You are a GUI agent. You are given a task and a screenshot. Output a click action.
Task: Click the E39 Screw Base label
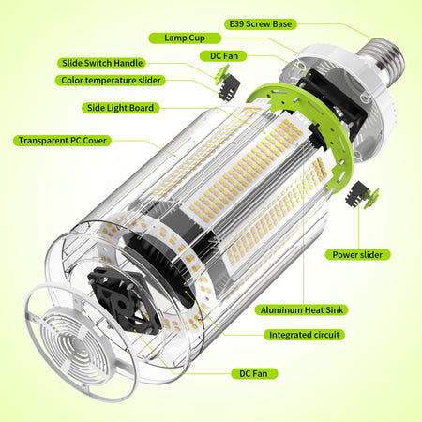point(261,24)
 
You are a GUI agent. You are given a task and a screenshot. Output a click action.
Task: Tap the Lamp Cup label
point(185,38)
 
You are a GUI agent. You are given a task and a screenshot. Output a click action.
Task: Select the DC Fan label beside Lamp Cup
point(223,56)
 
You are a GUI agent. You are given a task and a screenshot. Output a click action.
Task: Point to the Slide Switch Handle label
point(102,63)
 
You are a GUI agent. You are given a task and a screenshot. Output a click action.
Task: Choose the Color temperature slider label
point(111,81)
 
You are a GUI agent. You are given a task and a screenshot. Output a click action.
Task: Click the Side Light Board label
point(120,108)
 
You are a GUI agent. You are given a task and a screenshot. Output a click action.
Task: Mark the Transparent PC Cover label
point(62,141)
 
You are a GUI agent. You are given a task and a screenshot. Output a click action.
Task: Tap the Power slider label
point(357,255)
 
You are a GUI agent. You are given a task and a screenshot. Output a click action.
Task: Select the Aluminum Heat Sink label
point(302,310)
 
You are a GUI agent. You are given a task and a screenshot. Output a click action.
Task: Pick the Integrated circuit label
point(304,335)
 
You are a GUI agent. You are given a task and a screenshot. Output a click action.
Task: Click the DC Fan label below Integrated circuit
point(254,374)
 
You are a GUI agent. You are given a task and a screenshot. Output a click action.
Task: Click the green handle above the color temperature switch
point(222,74)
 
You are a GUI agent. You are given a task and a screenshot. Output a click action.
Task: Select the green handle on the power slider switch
point(372,198)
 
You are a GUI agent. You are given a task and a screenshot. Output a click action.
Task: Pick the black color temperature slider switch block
point(230,87)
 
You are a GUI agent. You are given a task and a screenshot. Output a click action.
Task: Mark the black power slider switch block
point(356,193)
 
